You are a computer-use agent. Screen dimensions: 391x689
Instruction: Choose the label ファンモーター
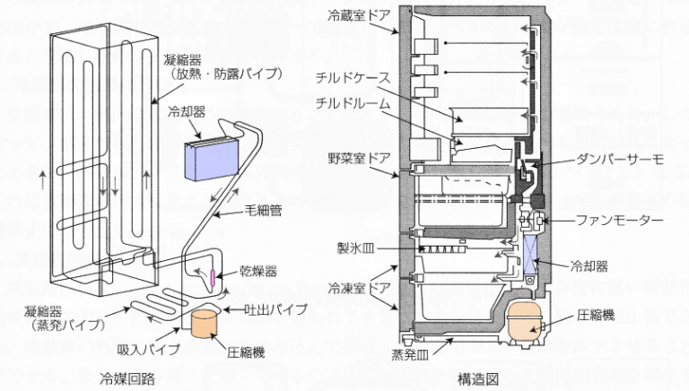622,220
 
